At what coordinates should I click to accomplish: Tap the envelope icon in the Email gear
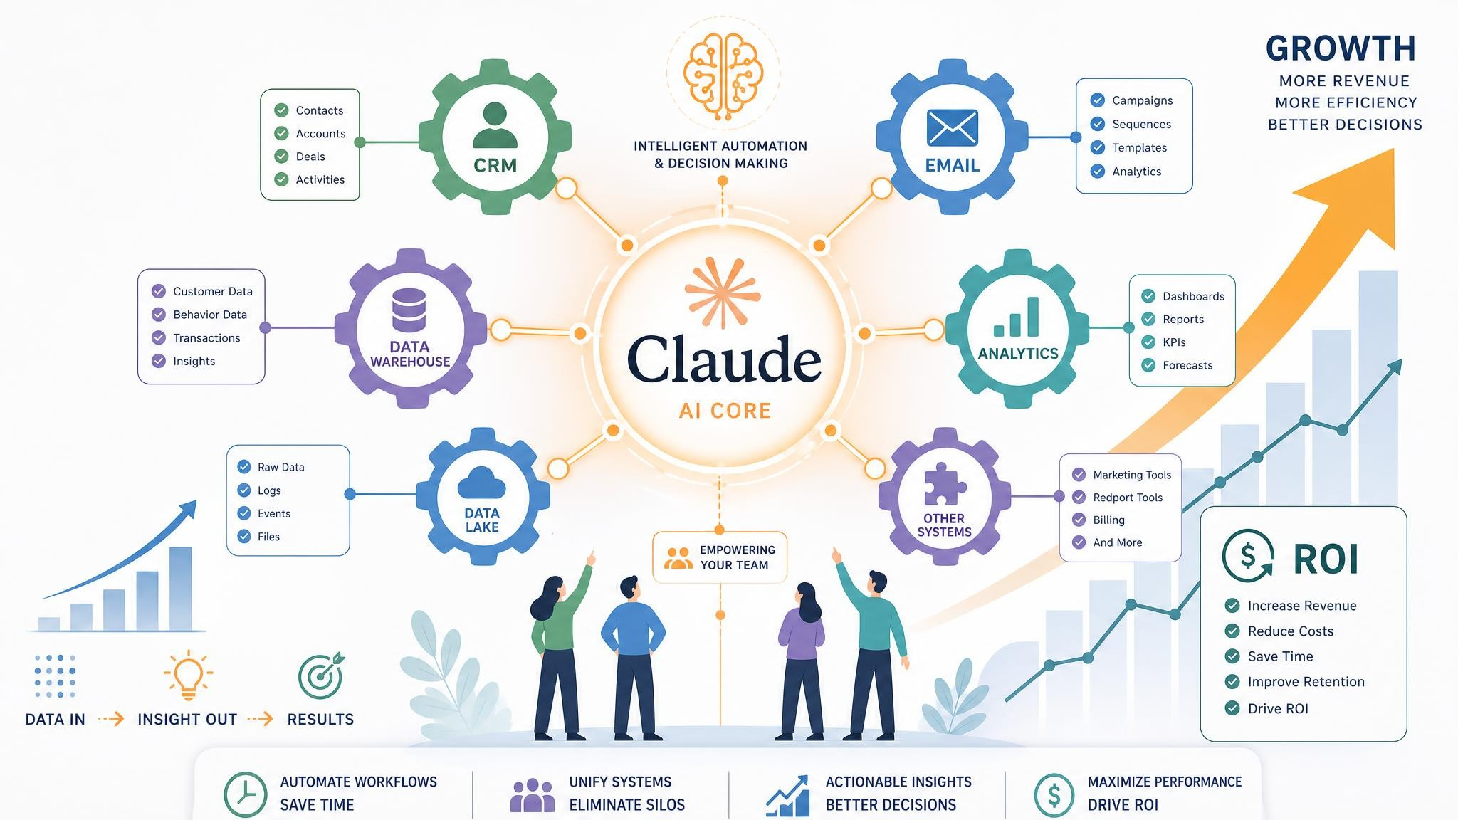point(953,127)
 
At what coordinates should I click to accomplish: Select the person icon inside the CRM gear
point(495,125)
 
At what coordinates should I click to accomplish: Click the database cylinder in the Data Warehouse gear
point(409,310)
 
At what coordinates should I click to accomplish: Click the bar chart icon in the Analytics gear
point(1017,317)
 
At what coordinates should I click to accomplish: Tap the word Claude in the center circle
point(724,359)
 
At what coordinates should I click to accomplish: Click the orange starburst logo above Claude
point(721,293)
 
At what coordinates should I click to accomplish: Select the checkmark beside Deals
point(281,157)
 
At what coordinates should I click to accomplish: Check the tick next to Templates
point(1098,147)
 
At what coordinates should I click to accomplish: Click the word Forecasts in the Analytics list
point(1187,365)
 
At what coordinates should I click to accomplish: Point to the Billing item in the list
point(1108,520)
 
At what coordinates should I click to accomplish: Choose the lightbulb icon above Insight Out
point(188,674)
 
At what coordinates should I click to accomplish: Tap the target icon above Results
point(322,676)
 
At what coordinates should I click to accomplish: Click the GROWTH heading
point(1341,49)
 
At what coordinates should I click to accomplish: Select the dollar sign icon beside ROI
point(1248,555)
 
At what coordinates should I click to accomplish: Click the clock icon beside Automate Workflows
point(246,794)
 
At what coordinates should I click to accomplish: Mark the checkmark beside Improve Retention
point(1232,682)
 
